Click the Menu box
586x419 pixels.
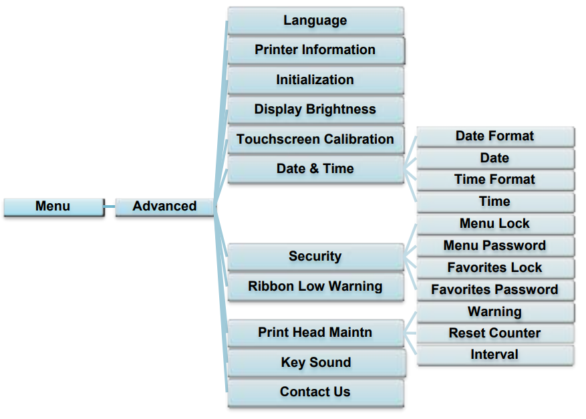click(53, 206)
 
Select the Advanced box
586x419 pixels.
click(164, 206)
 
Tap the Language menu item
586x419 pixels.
click(315, 21)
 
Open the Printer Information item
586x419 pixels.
click(315, 50)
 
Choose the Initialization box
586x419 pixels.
click(315, 80)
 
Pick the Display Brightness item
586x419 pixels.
click(315, 110)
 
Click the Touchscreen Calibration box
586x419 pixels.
click(315, 140)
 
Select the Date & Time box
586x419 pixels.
click(315, 169)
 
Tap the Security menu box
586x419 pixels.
click(315, 257)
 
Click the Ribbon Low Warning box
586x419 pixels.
click(315, 287)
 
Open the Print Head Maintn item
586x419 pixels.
click(315, 333)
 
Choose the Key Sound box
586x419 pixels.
click(315, 363)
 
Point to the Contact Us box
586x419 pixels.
click(315, 392)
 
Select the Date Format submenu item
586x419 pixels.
click(495, 136)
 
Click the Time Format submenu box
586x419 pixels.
click(495, 180)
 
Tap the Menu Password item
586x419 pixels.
click(495, 246)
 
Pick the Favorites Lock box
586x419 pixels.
click(495, 268)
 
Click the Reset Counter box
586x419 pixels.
click(495, 333)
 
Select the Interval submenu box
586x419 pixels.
click(495, 355)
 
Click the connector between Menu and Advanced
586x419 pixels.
click(110, 207)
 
